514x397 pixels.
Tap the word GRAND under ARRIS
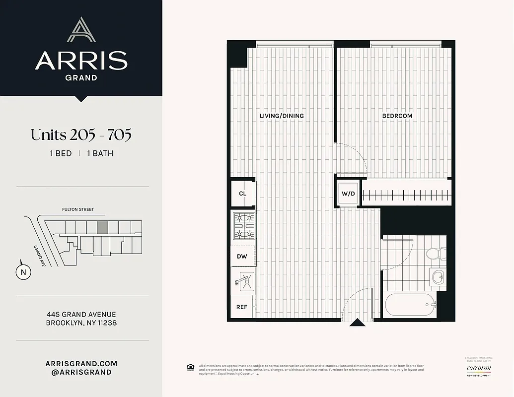(x=81, y=77)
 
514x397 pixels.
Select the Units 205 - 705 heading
(x=81, y=134)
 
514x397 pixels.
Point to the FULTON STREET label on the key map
(x=78, y=209)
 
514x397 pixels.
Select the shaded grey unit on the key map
(x=102, y=227)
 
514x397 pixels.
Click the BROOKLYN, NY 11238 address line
(x=81, y=323)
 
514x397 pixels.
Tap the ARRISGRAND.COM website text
(x=81, y=364)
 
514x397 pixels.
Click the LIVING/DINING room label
(x=282, y=116)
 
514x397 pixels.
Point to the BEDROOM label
(x=397, y=116)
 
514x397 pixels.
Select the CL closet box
(x=242, y=193)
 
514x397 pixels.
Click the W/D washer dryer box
(x=348, y=193)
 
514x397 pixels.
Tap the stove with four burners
(x=243, y=227)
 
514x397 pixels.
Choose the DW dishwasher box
(x=242, y=256)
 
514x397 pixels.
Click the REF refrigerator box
(x=242, y=307)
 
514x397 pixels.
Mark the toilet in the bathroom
(x=433, y=253)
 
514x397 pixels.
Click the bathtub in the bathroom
(x=409, y=304)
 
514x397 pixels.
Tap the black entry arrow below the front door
(x=356, y=323)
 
